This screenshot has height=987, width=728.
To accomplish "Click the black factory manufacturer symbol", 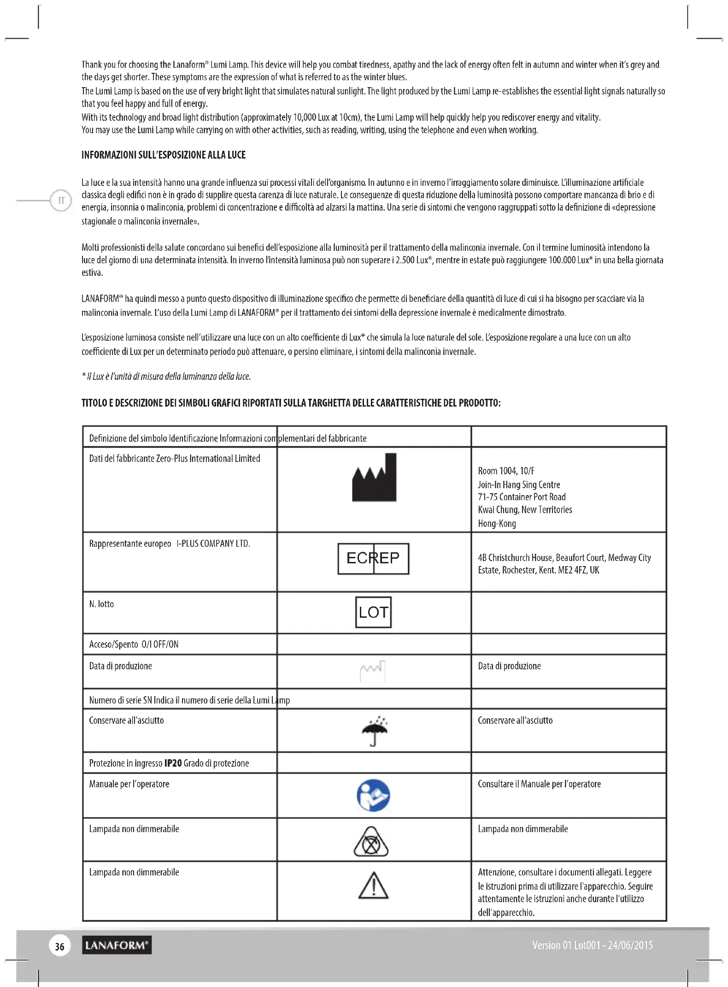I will tap(374, 478).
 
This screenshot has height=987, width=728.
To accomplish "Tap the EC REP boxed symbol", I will tap(373, 558).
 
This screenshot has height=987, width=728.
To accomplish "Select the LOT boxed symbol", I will tap(373, 612).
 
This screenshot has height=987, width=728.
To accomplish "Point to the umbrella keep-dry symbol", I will tap(374, 731).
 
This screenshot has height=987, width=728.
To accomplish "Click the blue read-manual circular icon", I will tap(373, 796).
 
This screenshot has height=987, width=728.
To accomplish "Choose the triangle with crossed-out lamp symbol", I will tap(371, 842).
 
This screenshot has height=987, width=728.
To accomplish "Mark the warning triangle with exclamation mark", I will tap(373, 886).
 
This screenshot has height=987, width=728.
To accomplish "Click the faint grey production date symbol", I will tap(372, 672).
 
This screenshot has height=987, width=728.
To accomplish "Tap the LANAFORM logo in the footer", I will tap(117, 946).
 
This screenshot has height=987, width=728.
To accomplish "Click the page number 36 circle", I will tap(60, 946).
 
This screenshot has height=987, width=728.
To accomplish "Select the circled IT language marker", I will tap(61, 201).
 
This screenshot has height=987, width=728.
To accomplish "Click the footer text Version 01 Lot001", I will tap(592, 946).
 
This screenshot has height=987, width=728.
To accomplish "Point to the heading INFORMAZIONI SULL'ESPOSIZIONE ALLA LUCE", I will tap(164, 155).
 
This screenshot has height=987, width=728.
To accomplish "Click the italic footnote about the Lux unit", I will tap(166, 377).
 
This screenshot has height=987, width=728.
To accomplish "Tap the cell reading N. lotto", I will tap(101, 604).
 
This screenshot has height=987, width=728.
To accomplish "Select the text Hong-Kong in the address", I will tap(497, 524).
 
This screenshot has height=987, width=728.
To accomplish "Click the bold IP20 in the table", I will tap(173, 763).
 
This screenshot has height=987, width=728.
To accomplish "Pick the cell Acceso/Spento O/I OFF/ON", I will tap(134, 644).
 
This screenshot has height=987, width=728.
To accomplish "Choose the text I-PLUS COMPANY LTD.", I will tap(213, 544).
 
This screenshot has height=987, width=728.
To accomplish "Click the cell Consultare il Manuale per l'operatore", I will tap(539, 784).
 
